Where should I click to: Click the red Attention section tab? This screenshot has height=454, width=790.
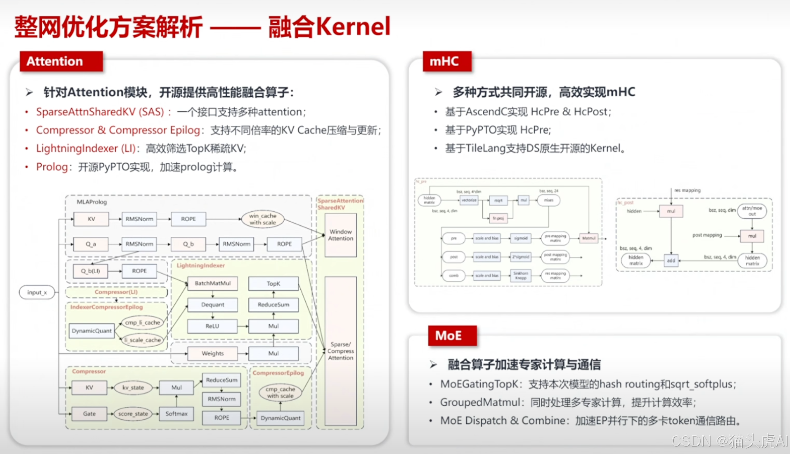[61, 62]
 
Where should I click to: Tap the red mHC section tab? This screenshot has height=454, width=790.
[447, 62]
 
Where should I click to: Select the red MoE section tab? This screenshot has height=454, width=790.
[452, 335]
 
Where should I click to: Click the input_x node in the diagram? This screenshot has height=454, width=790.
[37, 292]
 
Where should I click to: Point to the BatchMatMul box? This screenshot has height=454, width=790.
[212, 283]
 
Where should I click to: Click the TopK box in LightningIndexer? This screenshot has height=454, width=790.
[273, 284]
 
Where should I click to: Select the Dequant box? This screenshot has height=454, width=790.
[212, 305]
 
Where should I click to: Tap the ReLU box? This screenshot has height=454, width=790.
[212, 326]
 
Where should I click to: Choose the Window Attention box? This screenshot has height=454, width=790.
[341, 235]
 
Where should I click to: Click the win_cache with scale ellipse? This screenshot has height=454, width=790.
[262, 219]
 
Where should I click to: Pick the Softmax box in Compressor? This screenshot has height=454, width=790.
[176, 414]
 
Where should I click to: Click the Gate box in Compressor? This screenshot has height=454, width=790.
[89, 414]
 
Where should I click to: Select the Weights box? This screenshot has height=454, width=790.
[212, 353]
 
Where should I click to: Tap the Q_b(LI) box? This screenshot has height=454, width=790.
[90, 271]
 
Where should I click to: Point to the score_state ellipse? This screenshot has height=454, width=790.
[133, 414]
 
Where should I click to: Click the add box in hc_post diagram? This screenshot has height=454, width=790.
[671, 261]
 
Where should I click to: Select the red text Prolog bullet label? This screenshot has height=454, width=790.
[52, 167]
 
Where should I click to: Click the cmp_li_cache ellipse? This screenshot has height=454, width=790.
[142, 323]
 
